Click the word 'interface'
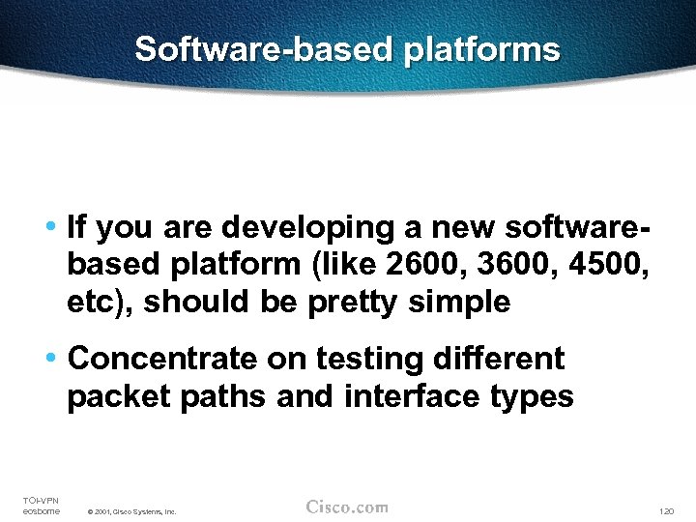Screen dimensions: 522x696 [x=416, y=396]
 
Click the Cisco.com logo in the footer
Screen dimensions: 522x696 [x=347, y=507]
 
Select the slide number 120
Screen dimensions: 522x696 [x=665, y=510]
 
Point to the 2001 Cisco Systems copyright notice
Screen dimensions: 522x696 [x=131, y=511]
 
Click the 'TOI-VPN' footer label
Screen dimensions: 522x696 [x=41, y=500]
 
